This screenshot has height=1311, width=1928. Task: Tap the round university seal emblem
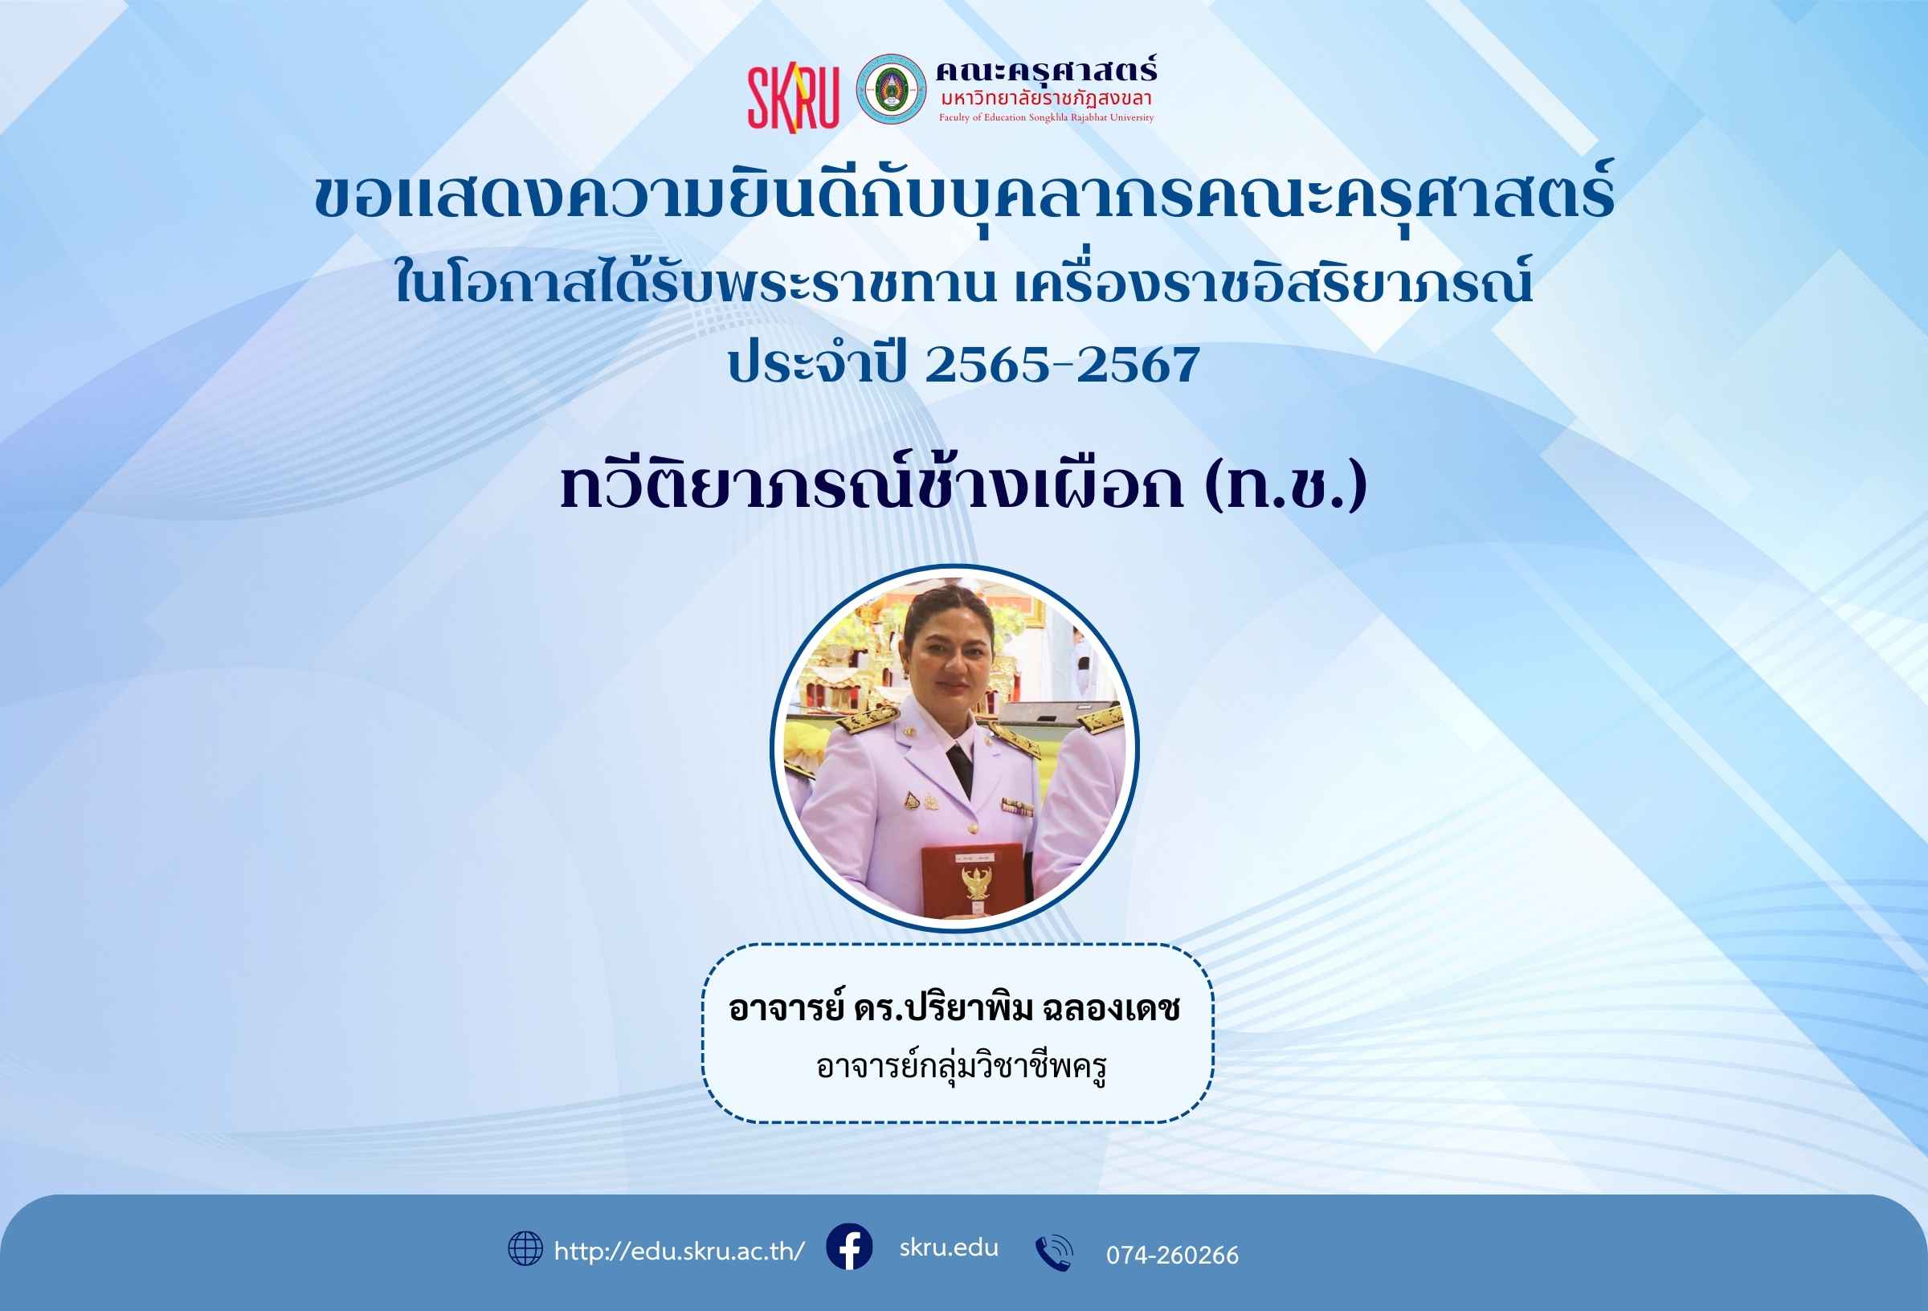(891, 90)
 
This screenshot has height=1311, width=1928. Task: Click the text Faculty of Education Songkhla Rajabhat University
(1046, 118)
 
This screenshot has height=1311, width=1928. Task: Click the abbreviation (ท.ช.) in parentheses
(1287, 487)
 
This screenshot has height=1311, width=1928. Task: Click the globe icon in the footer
(525, 1248)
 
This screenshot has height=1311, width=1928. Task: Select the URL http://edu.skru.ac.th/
(680, 1251)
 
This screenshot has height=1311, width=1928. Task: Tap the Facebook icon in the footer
(849, 1246)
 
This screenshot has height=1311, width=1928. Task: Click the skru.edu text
(949, 1248)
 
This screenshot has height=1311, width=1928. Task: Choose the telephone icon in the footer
(1054, 1253)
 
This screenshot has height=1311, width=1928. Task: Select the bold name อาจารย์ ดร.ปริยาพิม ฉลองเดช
(955, 1009)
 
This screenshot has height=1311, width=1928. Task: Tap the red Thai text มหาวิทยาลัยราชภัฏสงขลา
(1046, 99)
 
